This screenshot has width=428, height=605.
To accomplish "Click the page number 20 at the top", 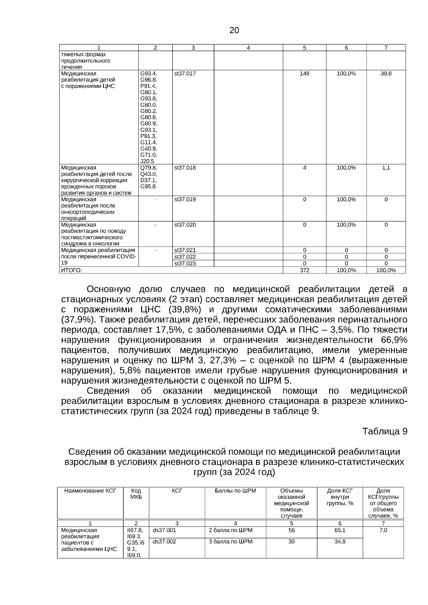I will (234, 31).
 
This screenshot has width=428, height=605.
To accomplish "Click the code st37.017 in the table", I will (185, 73).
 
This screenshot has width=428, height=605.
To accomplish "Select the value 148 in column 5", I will (304, 73).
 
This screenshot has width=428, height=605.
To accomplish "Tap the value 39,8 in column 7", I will (386, 73).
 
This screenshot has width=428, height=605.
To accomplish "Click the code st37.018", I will (185, 168).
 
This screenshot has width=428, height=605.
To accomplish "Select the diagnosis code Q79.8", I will (148, 168).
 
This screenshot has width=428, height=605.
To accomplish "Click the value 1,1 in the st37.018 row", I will (386, 168).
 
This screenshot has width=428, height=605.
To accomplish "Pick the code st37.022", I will (185, 257).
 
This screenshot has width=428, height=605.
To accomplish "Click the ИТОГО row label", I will (72, 270).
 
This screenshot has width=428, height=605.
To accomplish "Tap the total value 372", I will (304, 270).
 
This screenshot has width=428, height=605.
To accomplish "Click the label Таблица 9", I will (384, 431).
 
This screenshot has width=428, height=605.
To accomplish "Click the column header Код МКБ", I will (136, 494).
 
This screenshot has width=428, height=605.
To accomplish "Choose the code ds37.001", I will (164, 530).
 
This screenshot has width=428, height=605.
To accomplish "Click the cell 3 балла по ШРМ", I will (230, 542).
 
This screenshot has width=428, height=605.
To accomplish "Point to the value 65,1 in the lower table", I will (340, 530).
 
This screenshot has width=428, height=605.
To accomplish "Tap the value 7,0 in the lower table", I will (383, 530).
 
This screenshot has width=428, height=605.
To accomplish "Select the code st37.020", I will (185, 225).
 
